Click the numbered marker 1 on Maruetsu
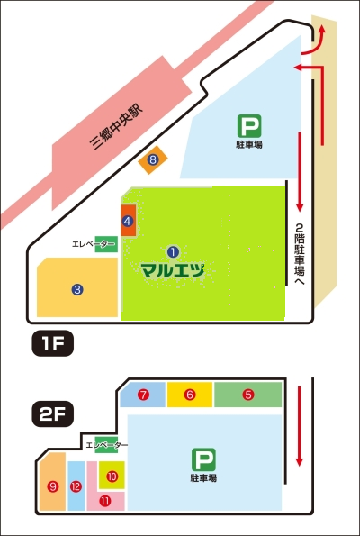click(174, 251)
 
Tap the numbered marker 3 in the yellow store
click(78, 289)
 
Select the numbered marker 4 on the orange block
click(128, 220)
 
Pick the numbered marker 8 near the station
click(153, 160)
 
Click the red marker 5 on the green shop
click(248, 395)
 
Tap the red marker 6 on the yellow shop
click(190, 395)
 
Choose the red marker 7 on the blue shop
click(143, 395)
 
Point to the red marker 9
click(53, 486)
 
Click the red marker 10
click(112, 476)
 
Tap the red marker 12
click(76, 486)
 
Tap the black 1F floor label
click(49, 342)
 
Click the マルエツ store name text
click(173, 268)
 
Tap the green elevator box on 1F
click(105, 244)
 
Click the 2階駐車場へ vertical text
click(301, 255)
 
